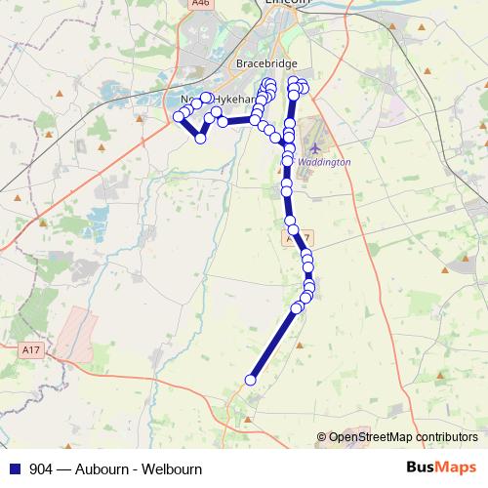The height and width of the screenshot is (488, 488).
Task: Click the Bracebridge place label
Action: (260, 63)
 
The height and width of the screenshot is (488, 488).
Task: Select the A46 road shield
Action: (201, 4)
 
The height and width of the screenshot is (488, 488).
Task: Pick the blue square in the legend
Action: (16, 468)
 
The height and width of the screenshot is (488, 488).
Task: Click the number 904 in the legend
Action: (42, 468)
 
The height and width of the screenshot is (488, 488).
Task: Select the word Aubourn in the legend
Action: (103, 468)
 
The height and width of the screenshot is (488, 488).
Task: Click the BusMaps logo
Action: (440, 468)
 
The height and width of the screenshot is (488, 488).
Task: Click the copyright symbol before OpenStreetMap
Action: (322, 437)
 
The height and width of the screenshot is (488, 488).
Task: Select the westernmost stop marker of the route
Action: (179, 117)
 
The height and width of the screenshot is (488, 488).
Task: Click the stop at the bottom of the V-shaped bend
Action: (201, 139)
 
